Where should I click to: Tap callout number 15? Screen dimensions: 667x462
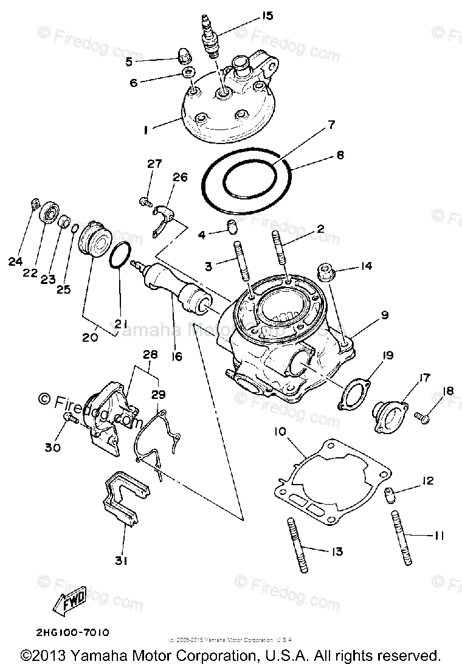[x=250, y=16]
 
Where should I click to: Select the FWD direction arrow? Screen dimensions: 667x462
[x=72, y=603]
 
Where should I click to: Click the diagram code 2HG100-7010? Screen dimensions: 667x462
[x=63, y=632]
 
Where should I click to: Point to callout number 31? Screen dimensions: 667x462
[x=120, y=561]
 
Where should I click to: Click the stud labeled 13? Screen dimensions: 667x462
[x=303, y=547]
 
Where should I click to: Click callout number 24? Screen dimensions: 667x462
[x=15, y=262]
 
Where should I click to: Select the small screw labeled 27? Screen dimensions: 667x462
[x=145, y=200]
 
